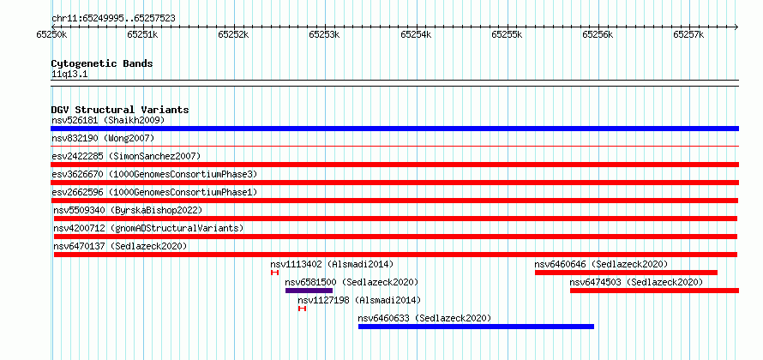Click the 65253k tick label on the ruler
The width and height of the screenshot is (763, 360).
(x=325, y=34)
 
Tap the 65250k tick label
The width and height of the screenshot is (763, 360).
(x=51, y=34)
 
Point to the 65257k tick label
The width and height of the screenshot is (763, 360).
(x=688, y=34)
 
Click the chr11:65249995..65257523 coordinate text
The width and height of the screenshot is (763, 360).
(x=113, y=19)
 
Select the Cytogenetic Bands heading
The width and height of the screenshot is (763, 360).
(x=102, y=63)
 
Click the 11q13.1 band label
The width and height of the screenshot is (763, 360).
(x=69, y=75)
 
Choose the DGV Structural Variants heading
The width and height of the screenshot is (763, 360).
(x=120, y=110)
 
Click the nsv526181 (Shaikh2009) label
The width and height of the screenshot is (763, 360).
(x=108, y=120)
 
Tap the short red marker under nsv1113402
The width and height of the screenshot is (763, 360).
(x=275, y=273)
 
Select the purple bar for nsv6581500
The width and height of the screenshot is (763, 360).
(x=309, y=291)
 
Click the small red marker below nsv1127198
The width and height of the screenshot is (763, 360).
(x=302, y=309)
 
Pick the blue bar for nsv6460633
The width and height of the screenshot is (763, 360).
(x=477, y=327)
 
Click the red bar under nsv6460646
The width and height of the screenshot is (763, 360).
(x=627, y=273)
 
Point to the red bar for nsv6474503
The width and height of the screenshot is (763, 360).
(x=654, y=291)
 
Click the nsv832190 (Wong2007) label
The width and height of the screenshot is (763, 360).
(x=103, y=138)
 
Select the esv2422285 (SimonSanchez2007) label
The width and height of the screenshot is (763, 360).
(x=126, y=156)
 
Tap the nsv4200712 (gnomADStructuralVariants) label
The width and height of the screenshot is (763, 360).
(x=149, y=228)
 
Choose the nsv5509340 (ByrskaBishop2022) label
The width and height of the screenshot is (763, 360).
(x=128, y=210)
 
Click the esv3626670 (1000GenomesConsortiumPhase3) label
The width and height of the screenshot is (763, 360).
(x=154, y=174)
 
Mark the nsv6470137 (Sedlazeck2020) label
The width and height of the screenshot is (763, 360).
(x=120, y=246)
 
